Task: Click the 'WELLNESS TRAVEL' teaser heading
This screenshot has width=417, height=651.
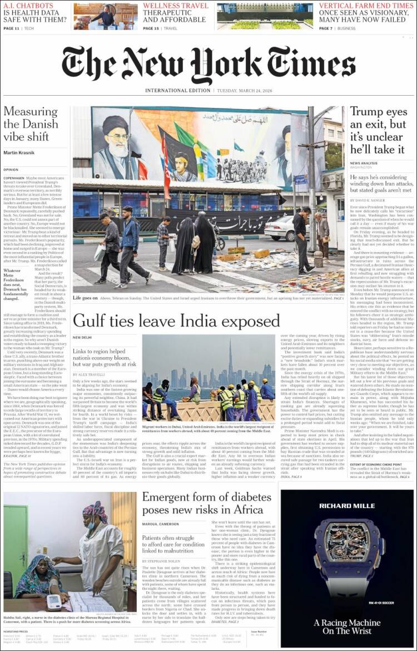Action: (x=176, y=6)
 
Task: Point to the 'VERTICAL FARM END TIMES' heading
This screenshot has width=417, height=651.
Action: (x=366, y=6)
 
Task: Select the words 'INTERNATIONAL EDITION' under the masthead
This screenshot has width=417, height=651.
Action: (x=177, y=90)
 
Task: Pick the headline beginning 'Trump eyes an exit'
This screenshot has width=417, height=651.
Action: (x=378, y=130)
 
